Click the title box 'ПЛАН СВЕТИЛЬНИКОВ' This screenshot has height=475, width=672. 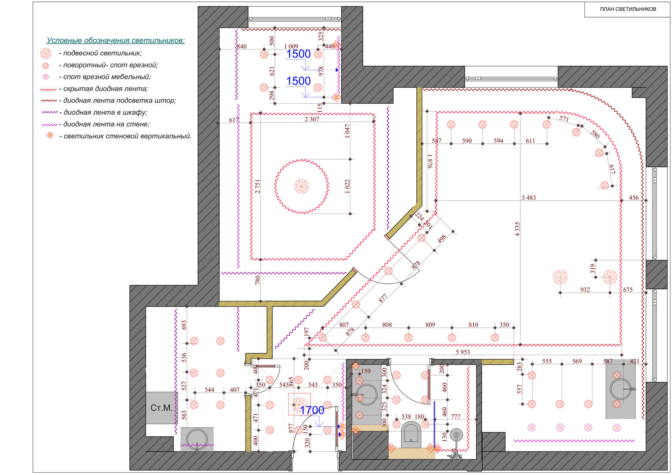(628, 9)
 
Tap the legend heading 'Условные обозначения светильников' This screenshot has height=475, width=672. (116, 40)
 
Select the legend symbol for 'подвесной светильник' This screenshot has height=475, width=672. (46, 53)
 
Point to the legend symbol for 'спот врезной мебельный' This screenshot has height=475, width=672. (46, 77)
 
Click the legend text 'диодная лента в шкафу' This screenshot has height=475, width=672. (105, 112)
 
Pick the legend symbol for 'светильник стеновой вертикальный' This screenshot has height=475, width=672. (50, 136)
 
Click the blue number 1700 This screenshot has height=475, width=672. (312, 410)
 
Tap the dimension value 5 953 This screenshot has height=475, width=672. (462, 352)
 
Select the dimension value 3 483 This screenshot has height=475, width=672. (529, 197)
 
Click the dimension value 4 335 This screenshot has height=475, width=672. (517, 229)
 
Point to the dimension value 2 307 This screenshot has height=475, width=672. (312, 119)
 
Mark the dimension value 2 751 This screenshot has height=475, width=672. (258, 186)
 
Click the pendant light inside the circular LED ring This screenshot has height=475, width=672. (302, 186)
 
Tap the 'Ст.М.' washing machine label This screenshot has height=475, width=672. (162, 408)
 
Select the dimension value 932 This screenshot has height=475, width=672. (585, 290)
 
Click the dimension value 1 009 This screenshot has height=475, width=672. (291, 46)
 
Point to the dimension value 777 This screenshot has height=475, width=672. (455, 417)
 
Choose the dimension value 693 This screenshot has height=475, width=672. (184, 325)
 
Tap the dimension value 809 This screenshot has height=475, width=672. (430, 325)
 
